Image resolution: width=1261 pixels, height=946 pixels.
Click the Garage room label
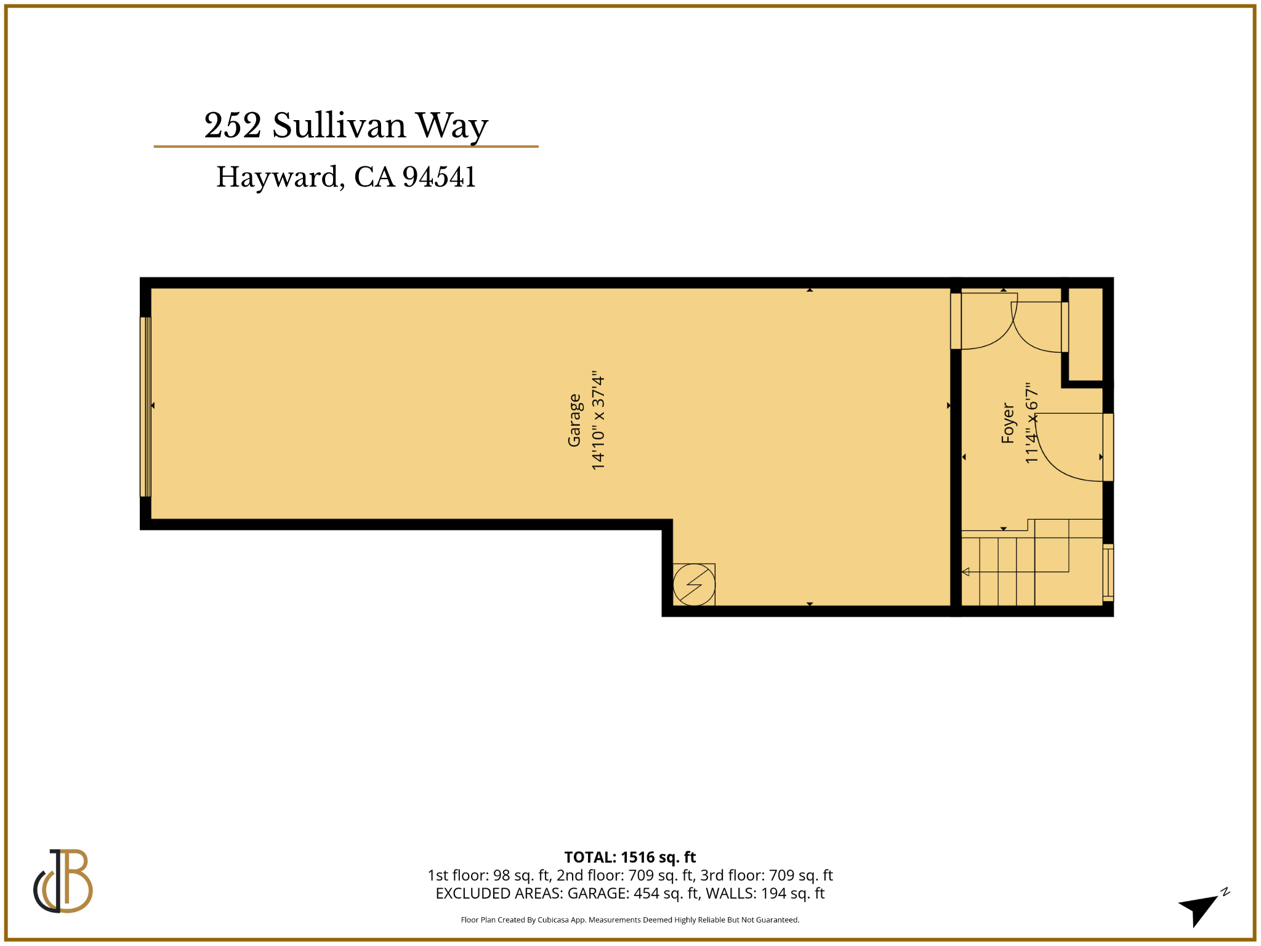coord(574,420)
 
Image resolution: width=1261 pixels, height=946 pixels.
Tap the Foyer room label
coord(1007,423)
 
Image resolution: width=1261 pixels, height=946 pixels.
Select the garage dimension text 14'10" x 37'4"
coord(598,420)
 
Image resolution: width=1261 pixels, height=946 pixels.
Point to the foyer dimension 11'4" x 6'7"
coord(1031,423)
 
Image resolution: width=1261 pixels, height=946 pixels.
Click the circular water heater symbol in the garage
coord(694,584)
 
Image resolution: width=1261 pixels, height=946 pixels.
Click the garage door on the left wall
coord(145,406)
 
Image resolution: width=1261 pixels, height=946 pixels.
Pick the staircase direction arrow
coord(965,572)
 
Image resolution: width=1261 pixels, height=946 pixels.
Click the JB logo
coord(63,880)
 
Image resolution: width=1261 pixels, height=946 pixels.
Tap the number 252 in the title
coord(233,126)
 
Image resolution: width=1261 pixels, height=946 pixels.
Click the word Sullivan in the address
coord(339,126)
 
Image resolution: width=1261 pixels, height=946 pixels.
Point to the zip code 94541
coord(439,177)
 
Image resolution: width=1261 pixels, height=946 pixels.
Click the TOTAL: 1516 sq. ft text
coord(630,857)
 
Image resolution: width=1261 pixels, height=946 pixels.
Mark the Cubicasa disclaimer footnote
coord(630,920)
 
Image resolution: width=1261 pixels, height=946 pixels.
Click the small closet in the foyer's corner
coord(1086,334)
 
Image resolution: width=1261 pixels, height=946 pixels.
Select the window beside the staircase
coord(1108,572)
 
